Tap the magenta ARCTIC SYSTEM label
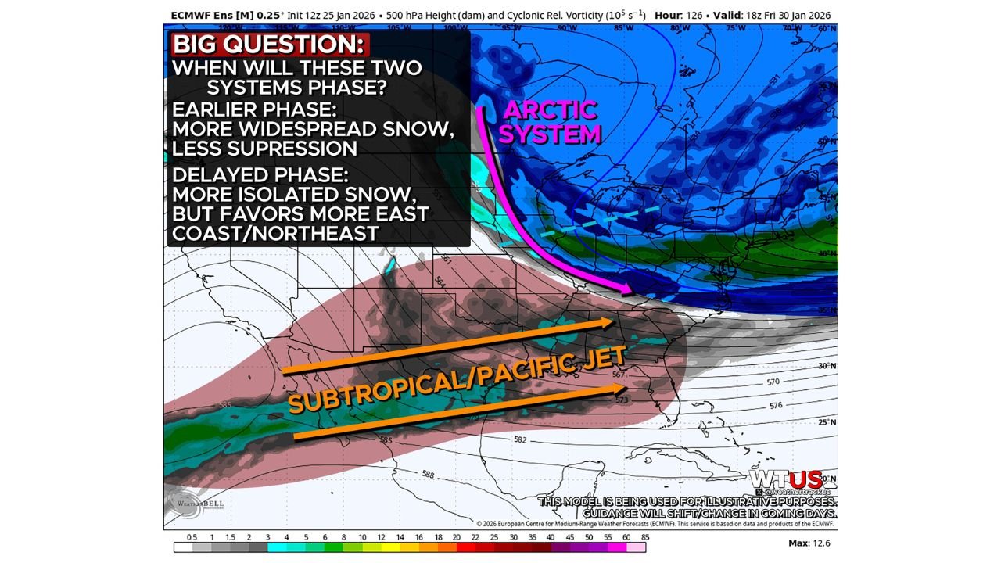click(x=549, y=122)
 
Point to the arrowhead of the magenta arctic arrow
click(x=627, y=292)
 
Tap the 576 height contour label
click(x=775, y=406)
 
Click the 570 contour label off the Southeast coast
click(x=773, y=382)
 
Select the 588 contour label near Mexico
click(x=427, y=475)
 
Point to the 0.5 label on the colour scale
click(x=192, y=537)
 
